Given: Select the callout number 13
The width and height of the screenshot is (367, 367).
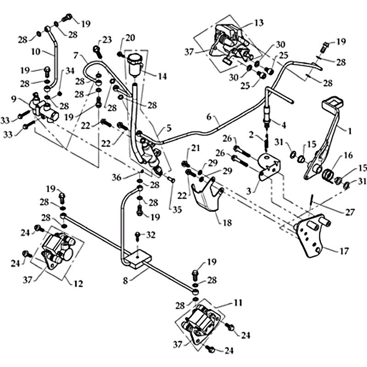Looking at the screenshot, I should (x=259, y=22).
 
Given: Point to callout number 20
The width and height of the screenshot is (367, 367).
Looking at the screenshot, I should (x=130, y=38).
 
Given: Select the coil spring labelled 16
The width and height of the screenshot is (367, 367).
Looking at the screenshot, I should (x=330, y=174).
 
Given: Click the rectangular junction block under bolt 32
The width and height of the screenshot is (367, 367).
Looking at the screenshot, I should (x=139, y=259).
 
